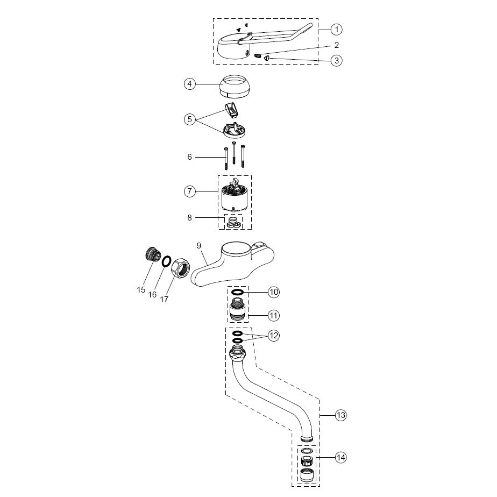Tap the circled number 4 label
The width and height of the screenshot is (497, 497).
pyautogui.click(x=189, y=84)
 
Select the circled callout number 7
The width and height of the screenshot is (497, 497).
pyautogui.click(x=189, y=191)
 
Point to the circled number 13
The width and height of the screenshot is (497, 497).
pyautogui.click(x=340, y=415)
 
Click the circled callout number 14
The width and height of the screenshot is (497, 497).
pyautogui.click(x=340, y=458)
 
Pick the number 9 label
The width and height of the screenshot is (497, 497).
pyautogui.click(x=198, y=245)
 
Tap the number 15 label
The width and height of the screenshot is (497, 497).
pyautogui.click(x=141, y=289)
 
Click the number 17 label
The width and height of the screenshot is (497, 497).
pyautogui.click(x=164, y=299)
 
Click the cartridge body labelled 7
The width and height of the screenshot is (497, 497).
pyautogui.click(x=235, y=202)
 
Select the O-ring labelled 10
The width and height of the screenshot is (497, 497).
pyautogui.click(x=237, y=292)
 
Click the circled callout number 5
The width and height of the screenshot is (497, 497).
pyautogui.click(x=189, y=119)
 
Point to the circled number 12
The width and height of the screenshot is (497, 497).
pyautogui.click(x=274, y=336)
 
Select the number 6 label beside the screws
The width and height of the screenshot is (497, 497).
pyautogui.click(x=189, y=157)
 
